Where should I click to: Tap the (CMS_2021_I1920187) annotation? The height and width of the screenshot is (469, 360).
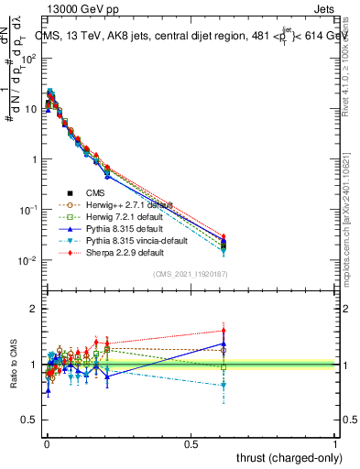click(x=190, y=275)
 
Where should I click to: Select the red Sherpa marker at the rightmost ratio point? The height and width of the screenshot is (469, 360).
click(x=325, y=331)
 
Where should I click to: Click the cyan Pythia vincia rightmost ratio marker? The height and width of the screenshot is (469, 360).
click(x=325, y=387)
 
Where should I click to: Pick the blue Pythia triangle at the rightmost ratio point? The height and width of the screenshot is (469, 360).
click(x=325, y=344)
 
